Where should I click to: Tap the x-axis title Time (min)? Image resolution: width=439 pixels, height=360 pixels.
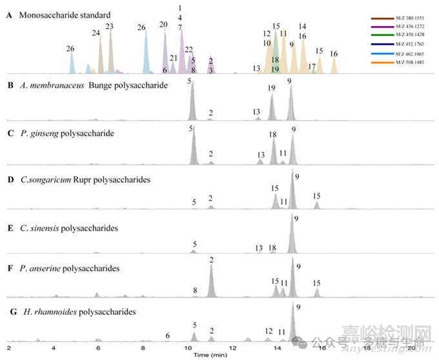(x=211, y=355)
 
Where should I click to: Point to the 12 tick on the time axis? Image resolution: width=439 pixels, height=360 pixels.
(x=232, y=348)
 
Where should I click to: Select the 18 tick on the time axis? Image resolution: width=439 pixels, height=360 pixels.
(x=368, y=348)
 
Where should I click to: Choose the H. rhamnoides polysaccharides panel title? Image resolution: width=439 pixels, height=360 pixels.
(x=77, y=312)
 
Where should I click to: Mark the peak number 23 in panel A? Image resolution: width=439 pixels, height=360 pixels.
(x=109, y=26)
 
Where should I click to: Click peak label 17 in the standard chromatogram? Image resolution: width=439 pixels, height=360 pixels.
(x=312, y=66)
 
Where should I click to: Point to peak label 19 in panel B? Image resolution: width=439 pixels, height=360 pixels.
(x=271, y=88)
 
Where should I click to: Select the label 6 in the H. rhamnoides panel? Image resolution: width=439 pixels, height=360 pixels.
(x=167, y=335)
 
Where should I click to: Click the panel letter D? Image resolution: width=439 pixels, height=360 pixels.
(x=10, y=181)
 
